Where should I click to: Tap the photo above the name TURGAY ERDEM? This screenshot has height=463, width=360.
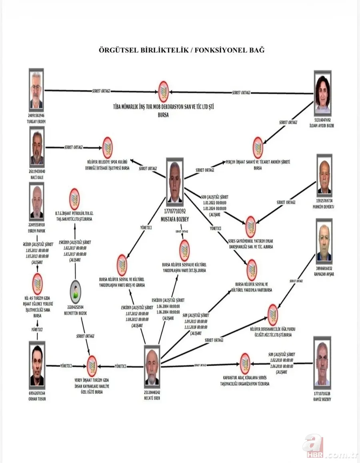[36, 90]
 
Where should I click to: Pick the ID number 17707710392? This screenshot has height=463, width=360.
[174, 210]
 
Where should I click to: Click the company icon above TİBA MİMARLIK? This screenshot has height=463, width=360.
[163, 91]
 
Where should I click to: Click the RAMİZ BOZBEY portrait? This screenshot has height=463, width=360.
[322, 363]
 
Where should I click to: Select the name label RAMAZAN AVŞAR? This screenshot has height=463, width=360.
[324, 274]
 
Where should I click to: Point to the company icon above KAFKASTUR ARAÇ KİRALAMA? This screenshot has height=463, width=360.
[245, 364]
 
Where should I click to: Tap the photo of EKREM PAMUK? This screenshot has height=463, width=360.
[37, 201]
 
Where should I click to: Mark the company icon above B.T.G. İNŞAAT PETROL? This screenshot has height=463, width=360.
[74, 199]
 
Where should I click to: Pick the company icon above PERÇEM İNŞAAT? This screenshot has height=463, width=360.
[258, 148]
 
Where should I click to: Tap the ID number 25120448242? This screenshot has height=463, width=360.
[152, 393]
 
